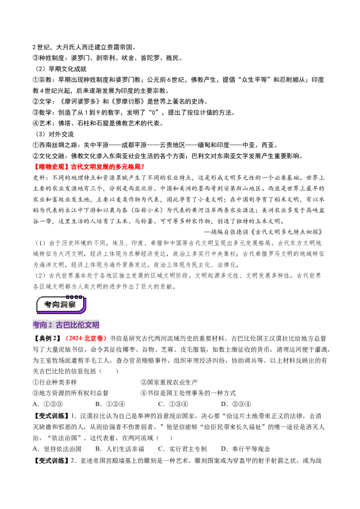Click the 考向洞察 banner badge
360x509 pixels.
click(x=61, y=304)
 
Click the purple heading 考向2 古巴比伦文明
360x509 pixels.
click(x=66, y=325)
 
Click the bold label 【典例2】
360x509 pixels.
click(x=47, y=339)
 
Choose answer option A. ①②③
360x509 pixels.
click(x=48, y=404)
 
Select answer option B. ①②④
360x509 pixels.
click(x=110, y=404)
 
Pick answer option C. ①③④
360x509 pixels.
click(x=173, y=404)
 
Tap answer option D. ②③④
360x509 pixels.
click(x=236, y=404)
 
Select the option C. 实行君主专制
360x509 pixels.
click(x=182, y=449)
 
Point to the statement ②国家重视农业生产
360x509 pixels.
click(x=169, y=382)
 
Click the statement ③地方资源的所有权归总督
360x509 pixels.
click(x=71, y=393)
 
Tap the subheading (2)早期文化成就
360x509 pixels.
click(x=61, y=69)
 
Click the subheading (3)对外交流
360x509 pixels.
click(x=54, y=134)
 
